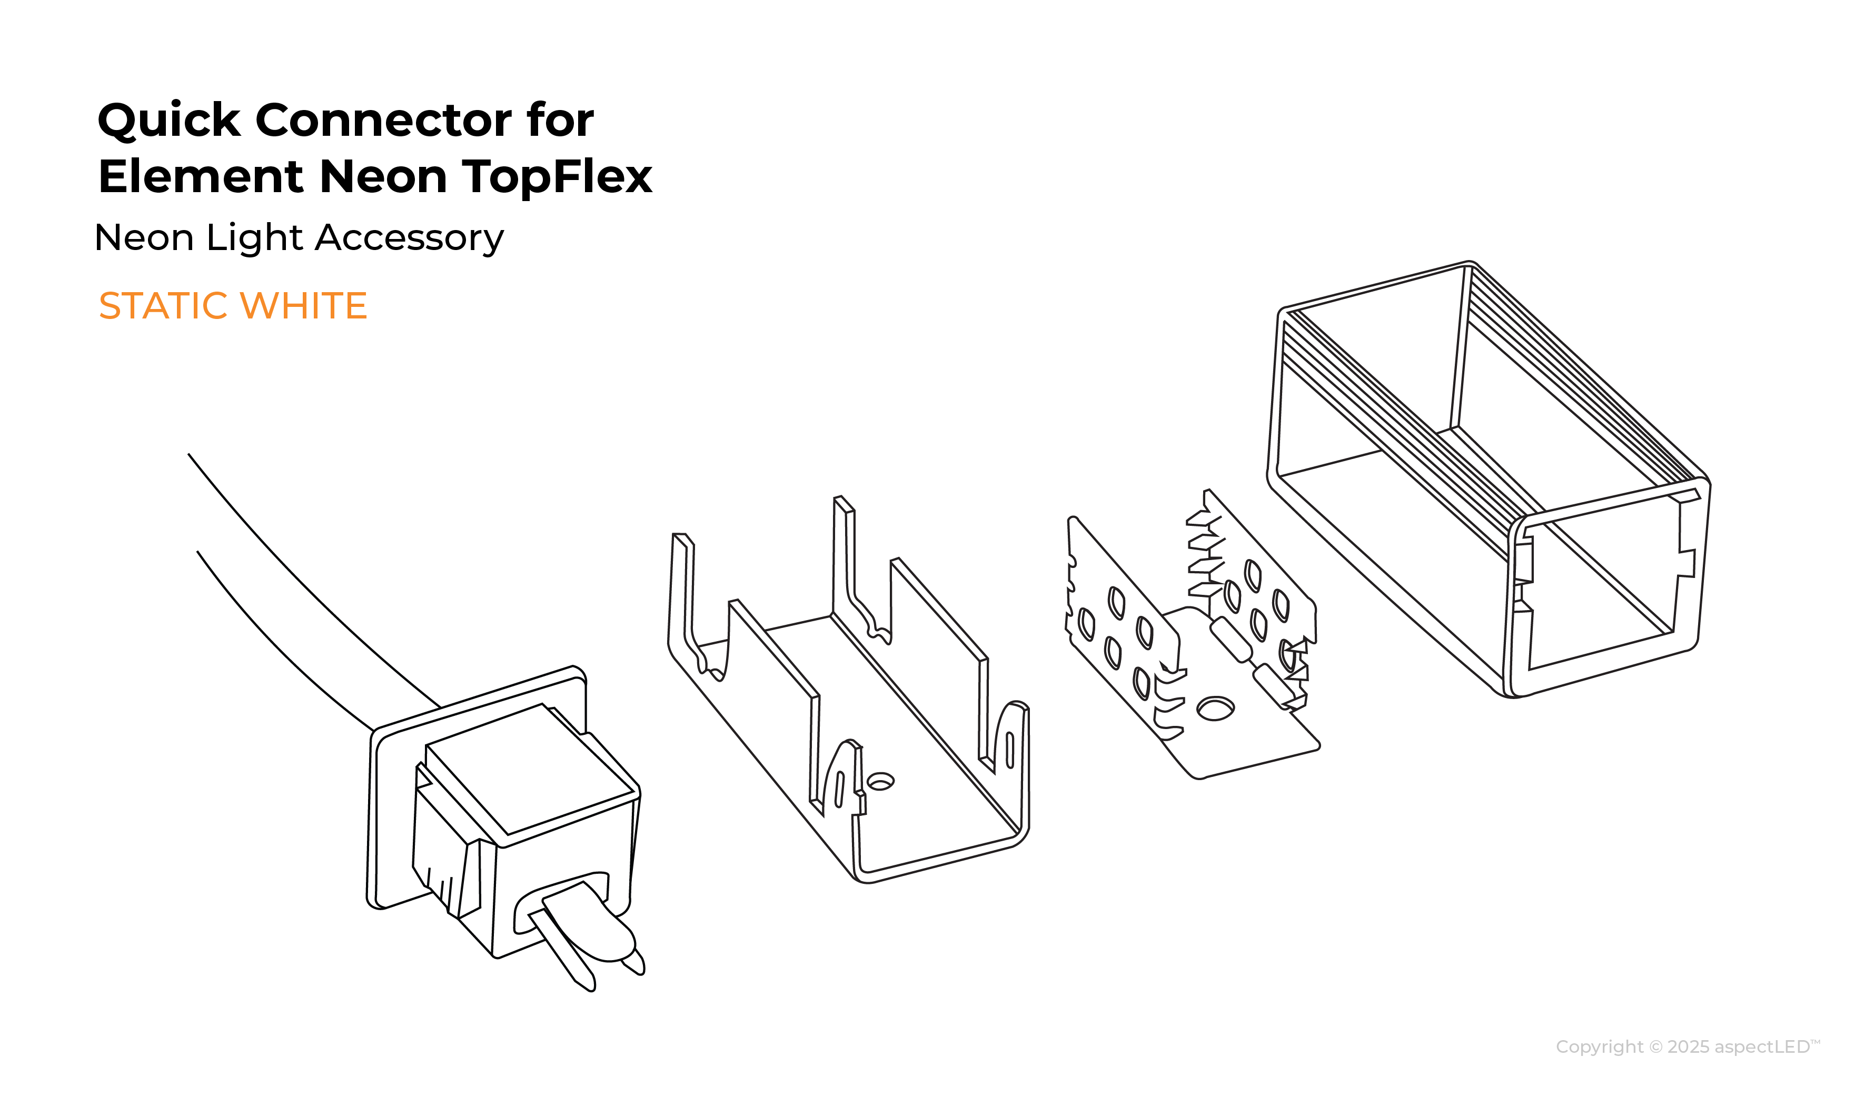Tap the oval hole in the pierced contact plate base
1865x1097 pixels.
(1215, 709)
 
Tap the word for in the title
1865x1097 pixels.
(560, 120)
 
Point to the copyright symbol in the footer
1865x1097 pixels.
(1656, 1048)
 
